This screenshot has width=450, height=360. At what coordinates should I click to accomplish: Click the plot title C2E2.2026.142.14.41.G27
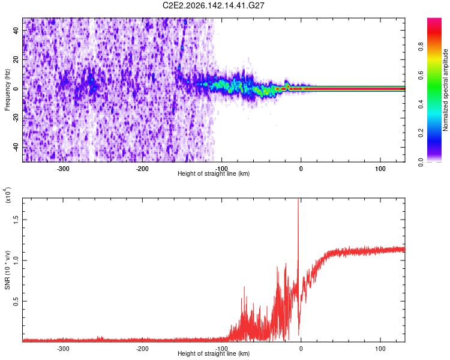[x=213, y=5]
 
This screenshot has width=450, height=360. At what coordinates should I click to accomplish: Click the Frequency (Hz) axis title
[x=7, y=90]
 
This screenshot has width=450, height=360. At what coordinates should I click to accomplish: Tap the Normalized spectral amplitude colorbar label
[x=445, y=90]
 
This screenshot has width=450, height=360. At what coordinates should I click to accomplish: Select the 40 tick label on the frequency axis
[x=16, y=30]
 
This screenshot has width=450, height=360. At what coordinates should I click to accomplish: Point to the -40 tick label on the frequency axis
[x=16, y=147]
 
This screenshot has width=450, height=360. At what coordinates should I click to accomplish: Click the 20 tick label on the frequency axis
[x=16, y=59]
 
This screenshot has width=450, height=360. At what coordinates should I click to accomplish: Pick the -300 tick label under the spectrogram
[x=63, y=169]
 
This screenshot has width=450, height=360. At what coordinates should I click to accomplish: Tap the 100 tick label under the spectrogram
[x=380, y=169]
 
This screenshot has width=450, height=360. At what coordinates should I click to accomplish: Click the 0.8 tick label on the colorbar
[x=421, y=47]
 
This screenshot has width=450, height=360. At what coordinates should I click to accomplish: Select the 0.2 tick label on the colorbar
[x=421, y=133]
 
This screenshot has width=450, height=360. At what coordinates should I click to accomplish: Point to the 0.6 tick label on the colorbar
[x=421, y=76]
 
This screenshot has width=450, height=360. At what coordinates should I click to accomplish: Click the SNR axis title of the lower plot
[x=7, y=270]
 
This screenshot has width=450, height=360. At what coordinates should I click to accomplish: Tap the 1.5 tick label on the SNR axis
[x=16, y=220]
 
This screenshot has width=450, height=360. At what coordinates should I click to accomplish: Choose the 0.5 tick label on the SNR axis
[x=16, y=301]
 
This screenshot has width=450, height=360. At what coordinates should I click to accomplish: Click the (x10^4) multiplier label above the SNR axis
[x=7, y=195]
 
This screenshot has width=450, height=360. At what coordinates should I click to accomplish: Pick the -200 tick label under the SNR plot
[x=142, y=349]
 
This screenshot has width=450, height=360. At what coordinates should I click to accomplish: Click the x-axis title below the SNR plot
[x=214, y=353]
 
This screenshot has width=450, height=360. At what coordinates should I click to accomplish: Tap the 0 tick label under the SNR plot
[x=301, y=349]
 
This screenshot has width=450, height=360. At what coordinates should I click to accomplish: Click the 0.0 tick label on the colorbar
[x=421, y=163]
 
